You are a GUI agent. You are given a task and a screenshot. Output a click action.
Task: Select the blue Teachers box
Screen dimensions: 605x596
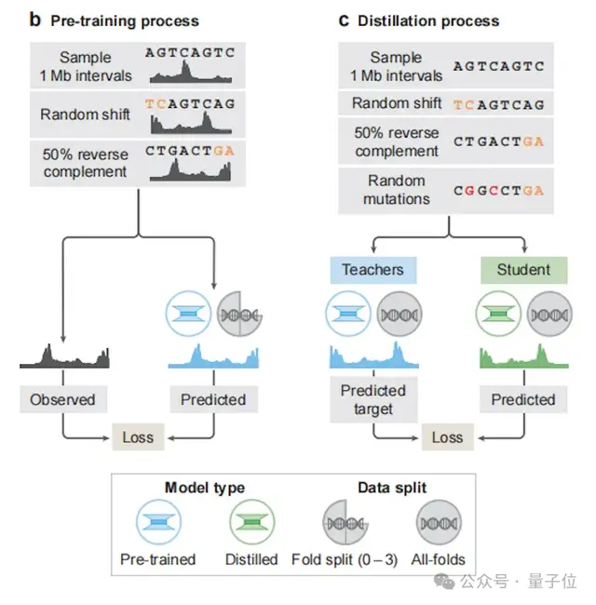[372, 270]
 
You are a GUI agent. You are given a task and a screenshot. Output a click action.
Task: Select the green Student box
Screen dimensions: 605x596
[522, 270]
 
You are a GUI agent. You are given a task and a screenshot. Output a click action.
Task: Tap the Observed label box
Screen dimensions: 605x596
[62, 399]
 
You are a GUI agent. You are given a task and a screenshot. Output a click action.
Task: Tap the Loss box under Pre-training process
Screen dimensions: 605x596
[137, 437]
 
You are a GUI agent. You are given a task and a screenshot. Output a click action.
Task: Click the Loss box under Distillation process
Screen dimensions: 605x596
[447, 437]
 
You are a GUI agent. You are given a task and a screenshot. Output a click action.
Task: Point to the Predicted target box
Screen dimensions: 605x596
[372, 399]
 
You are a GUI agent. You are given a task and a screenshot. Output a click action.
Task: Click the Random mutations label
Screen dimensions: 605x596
[396, 190]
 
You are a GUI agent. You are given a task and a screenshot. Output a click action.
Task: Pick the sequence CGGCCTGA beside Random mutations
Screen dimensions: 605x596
[498, 190]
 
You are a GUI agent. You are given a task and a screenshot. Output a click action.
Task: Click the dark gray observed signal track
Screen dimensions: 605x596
[63, 355]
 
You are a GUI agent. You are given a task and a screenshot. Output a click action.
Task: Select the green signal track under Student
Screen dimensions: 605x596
[522, 356]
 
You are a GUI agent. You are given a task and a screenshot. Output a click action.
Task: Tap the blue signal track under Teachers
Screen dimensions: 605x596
[372, 356]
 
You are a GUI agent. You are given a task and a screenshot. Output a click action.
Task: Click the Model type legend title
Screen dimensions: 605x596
[205, 488]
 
